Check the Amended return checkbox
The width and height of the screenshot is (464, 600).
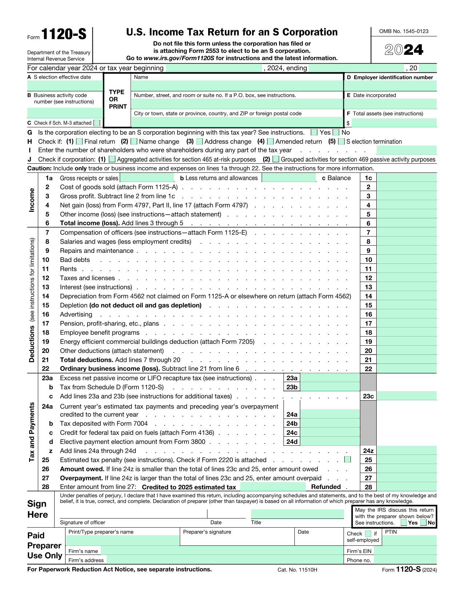tap(270, 142)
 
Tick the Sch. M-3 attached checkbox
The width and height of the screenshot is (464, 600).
tap(97, 123)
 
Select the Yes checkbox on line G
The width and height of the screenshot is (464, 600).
tap(314, 132)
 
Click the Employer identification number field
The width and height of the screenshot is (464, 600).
tap(390, 86)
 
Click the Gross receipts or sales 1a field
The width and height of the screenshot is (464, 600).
tap(147, 178)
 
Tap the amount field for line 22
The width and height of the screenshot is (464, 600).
tap(407, 369)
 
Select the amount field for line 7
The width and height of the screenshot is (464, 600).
tap(407, 233)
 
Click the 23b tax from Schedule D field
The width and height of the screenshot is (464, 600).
tap(330, 387)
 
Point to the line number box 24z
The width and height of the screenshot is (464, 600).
tap(368, 451)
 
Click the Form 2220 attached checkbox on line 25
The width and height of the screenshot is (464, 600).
tap(348, 460)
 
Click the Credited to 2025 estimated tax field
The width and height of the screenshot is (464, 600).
tap(273, 487)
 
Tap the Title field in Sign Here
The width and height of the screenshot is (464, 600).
tap(297, 514)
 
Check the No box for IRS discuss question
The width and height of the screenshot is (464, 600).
tap(423, 522)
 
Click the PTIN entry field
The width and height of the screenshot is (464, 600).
tap(409, 540)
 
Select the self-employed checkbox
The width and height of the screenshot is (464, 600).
tap(368, 534)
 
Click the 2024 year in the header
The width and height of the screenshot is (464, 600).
tap(404, 50)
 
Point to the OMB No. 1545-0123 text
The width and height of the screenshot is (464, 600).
tap(404, 31)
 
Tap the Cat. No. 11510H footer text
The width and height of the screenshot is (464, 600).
tap(297, 570)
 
